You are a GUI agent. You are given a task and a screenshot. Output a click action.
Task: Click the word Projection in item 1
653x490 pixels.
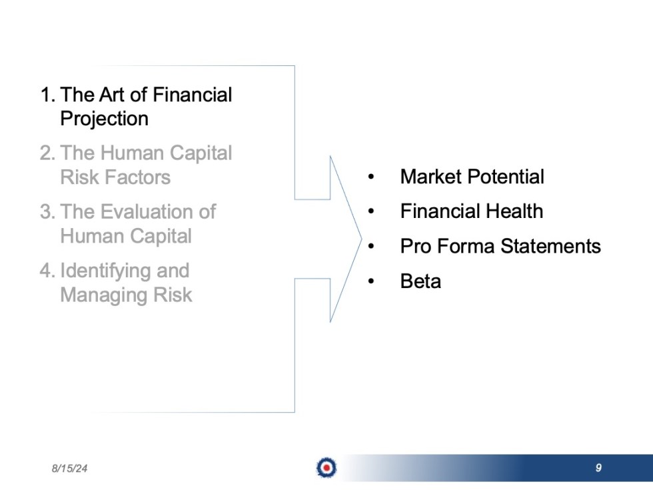(x=104, y=119)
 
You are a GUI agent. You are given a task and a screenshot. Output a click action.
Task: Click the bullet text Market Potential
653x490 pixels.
(x=472, y=177)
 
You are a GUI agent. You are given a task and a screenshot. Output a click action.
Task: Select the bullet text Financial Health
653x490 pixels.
(x=471, y=211)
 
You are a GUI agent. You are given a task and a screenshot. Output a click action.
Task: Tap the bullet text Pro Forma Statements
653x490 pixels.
(x=500, y=246)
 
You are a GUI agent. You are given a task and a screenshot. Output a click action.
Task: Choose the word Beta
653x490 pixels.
(x=420, y=281)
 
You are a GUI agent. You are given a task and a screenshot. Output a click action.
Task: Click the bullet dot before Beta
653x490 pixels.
(x=371, y=281)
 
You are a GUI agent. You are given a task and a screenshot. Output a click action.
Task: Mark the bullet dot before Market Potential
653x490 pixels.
(x=371, y=177)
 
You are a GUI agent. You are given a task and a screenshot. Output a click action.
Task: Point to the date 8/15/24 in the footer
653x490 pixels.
(x=69, y=469)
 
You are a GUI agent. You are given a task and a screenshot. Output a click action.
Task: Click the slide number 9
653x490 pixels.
(x=598, y=468)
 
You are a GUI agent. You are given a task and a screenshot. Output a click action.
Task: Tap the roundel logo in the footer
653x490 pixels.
(x=326, y=468)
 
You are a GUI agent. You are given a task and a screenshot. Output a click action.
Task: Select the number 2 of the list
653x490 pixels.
(x=45, y=153)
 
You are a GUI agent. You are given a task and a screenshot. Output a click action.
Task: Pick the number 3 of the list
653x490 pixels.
(x=45, y=212)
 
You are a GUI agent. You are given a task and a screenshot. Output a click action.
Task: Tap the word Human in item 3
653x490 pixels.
(x=92, y=236)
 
